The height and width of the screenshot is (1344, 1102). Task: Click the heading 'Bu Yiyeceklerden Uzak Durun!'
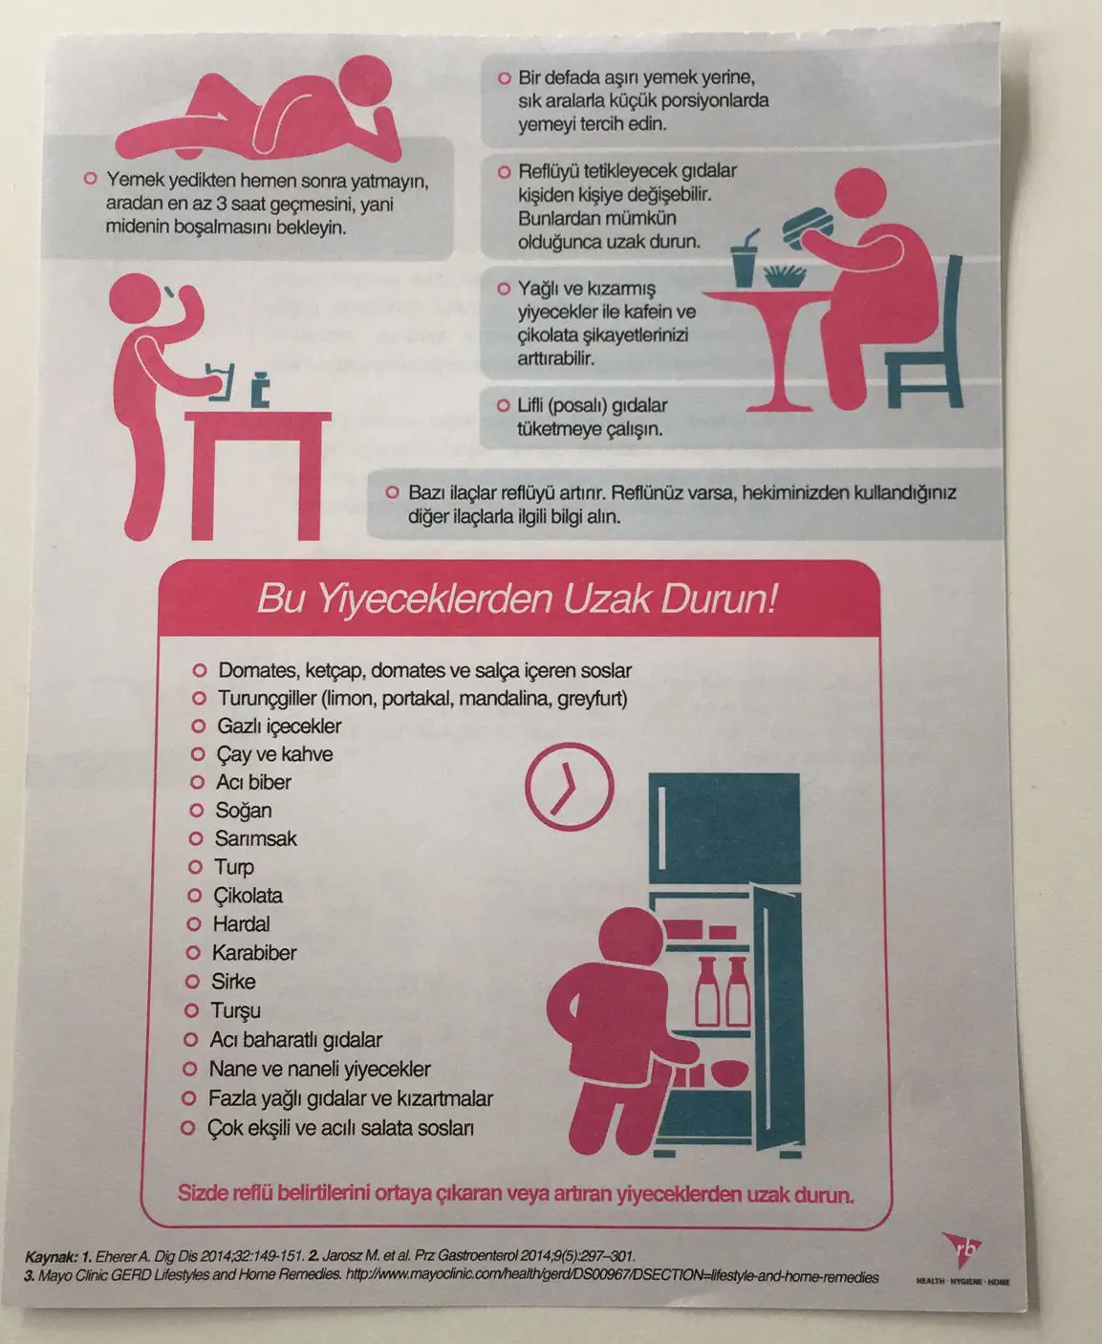(x=517, y=600)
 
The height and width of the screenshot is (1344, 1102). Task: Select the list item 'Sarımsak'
(x=255, y=838)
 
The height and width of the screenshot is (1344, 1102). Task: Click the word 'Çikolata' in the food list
(x=248, y=896)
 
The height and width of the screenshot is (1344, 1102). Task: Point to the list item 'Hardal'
(x=241, y=924)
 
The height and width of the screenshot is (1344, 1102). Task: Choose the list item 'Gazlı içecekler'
(x=279, y=726)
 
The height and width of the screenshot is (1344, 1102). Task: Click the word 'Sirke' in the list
(x=233, y=982)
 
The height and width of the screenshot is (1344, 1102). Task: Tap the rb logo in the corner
(x=962, y=1253)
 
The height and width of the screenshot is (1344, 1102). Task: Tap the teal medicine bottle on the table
(x=259, y=389)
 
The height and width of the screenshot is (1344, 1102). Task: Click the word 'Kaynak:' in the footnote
(x=51, y=1257)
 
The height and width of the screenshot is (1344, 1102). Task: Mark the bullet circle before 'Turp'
(x=194, y=867)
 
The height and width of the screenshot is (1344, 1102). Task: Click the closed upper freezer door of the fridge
(x=724, y=829)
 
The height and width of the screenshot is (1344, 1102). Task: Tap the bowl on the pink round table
(x=785, y=276)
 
